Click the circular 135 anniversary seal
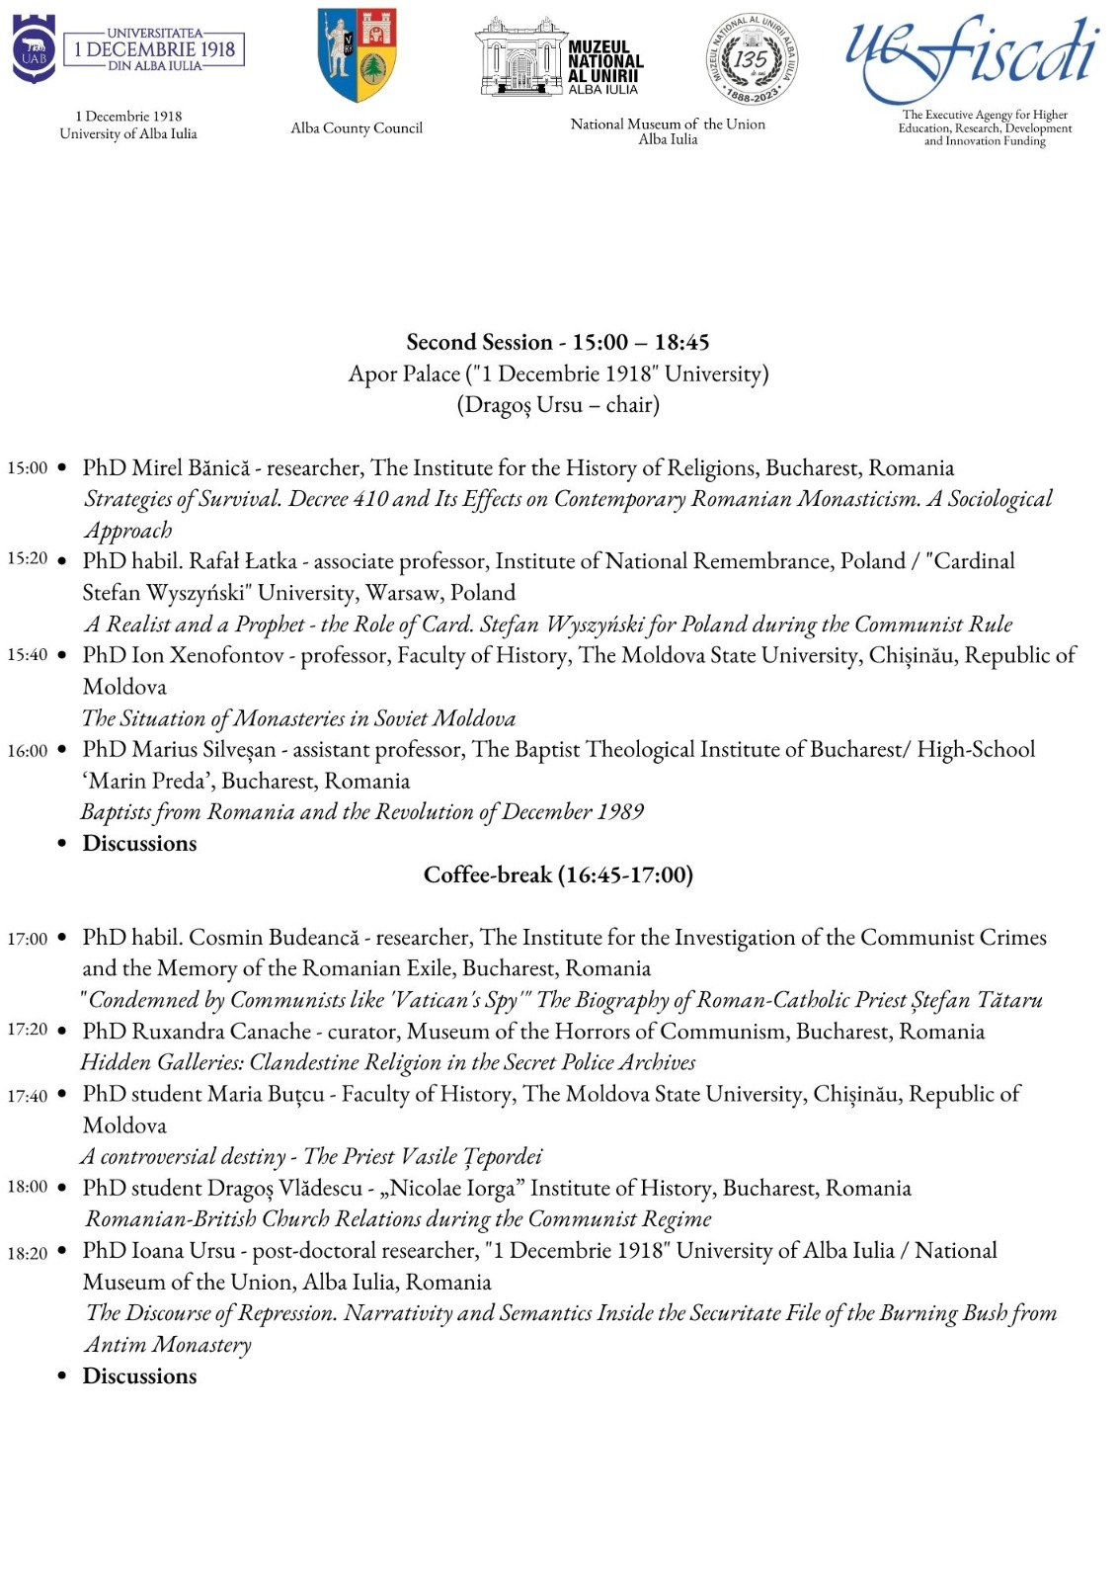752,59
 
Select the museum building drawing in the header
519,56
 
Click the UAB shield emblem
34,49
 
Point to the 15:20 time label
27,559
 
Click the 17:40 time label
27,1096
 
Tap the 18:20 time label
27,1253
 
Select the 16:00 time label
27,751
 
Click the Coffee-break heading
558,874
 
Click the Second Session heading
558,342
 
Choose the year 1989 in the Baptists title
620,811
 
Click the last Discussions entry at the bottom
139,1376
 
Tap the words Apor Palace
404,374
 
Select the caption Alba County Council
357,127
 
